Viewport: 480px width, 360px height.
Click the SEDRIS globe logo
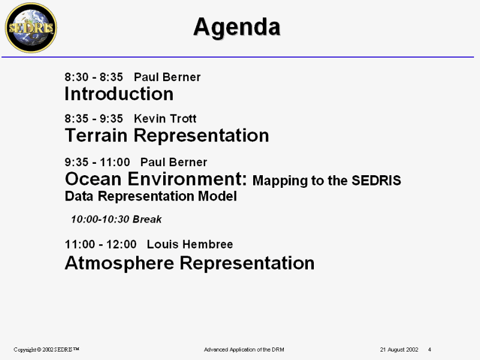pyautogui.click(x=31, y=28)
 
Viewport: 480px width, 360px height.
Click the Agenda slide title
pyautogui.click(x=236, y=28)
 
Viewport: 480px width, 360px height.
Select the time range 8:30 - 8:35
pyautogui.click(x=94, y=77)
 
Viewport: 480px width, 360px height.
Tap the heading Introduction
pyautogui.click(x=119, y=94)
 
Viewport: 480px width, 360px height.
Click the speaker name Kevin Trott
pyautogui.click(x=166, y=118)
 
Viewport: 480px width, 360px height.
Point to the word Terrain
pyautogui.click(x=96, y=136)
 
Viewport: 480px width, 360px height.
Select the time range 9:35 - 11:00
pyautogui.click(x=97, y=162)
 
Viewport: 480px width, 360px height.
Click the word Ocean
pyautogui.click(x=94, y=179)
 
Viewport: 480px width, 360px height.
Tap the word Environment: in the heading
pyautogui.click(x=187, y=179)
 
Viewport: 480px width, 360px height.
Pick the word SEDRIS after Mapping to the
pyautogui.click(x=376, y=181)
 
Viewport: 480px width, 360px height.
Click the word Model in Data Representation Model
pyautogui.click(x=217, y=196)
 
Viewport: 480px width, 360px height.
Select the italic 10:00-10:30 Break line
pyautogui.click(x=116, y=219)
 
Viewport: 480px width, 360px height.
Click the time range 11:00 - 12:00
pyautogui.click(x=101, y=245)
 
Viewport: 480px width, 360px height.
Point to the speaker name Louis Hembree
pyautogui.click(x=190, y=245)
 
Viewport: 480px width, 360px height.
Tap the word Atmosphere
pyautogui.click(x=119, y=263)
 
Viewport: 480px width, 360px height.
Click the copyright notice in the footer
pyautogui.click(x=46, y=350)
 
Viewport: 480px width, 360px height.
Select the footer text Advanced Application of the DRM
pyautogui.click(x=244, y=350)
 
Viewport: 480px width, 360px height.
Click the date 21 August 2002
pyautogui.click(x=399, y=350)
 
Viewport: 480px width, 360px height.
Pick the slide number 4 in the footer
pyautogui.click(x=430, y=350)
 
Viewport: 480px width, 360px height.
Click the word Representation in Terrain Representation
pyautogui.click(x=202, y=136)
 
